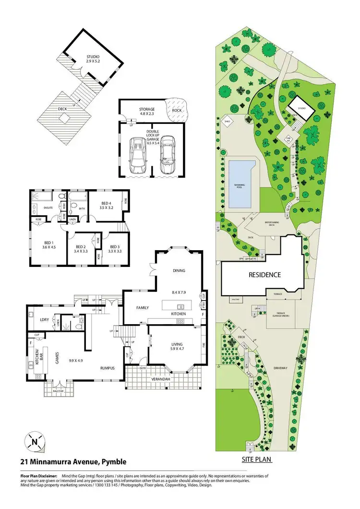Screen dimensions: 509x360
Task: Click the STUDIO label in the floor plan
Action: (92, 56)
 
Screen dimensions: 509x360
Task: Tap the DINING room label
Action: (179, 270)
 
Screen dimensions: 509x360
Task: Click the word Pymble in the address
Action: (114, 462)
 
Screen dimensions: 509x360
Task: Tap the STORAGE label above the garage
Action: (147, 109)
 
